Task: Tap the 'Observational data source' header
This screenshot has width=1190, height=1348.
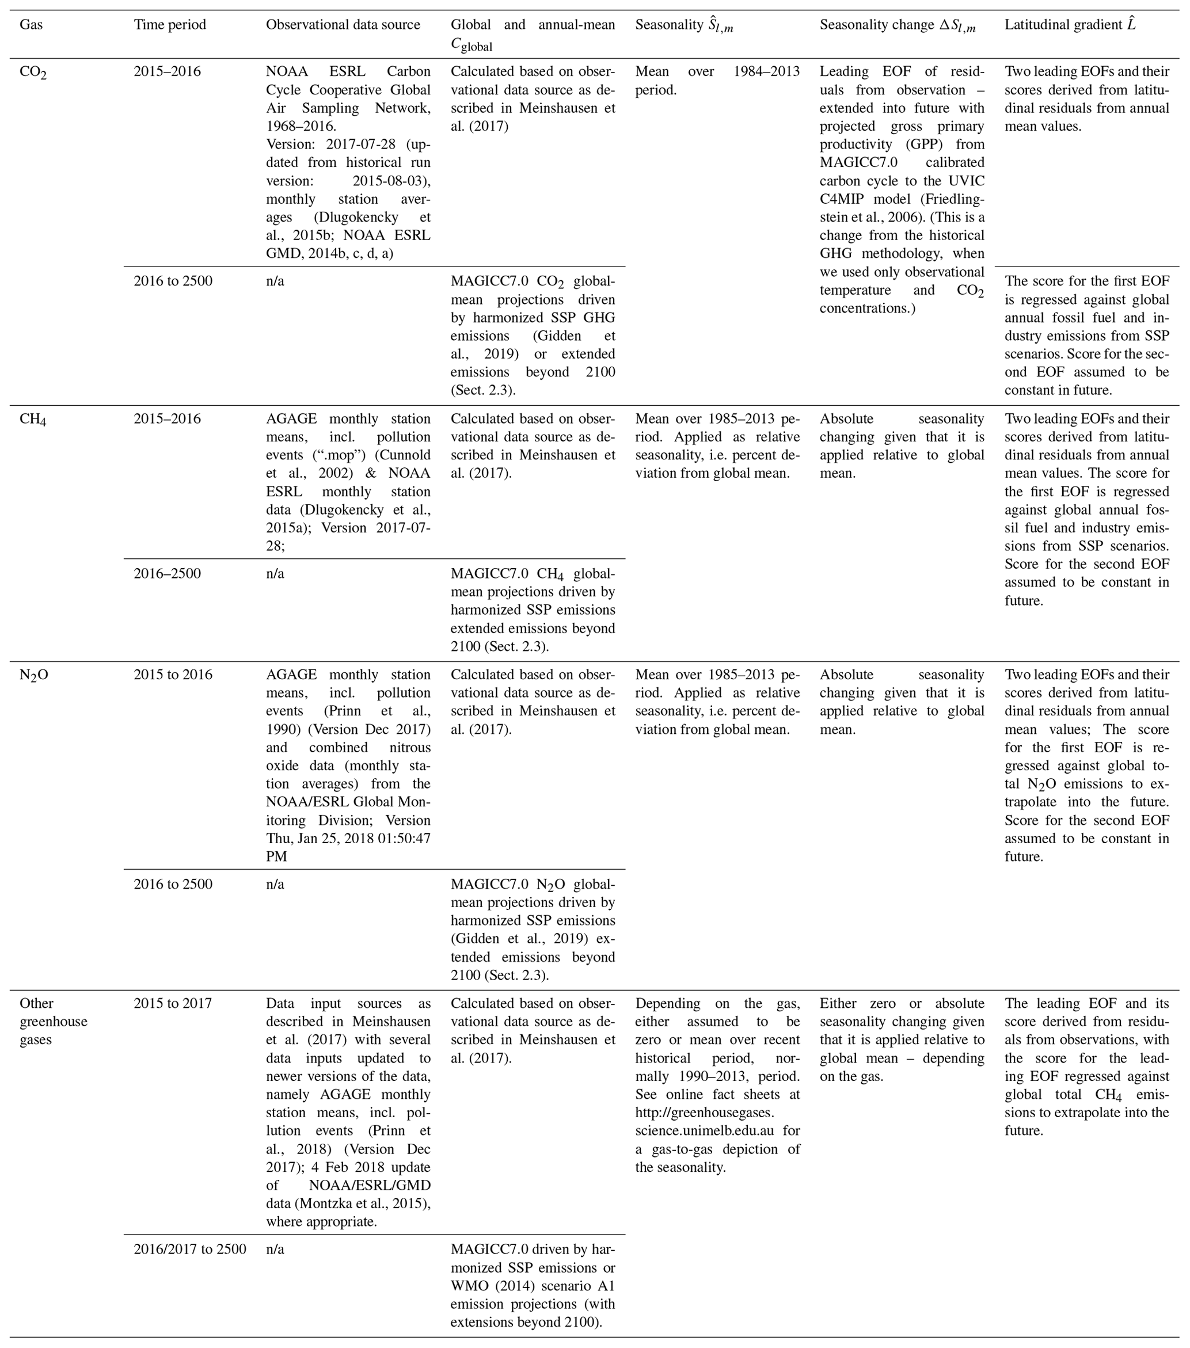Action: (x=343, y=25)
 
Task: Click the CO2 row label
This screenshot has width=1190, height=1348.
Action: (x=33, y=73)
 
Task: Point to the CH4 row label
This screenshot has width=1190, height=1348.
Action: (x=33, y=420)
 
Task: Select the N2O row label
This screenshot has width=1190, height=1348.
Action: (x=33, y=676)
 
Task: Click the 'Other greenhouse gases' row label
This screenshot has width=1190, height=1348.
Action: (x=53, y=1022)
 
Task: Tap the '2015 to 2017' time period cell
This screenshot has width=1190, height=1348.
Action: (x=173, y=1004)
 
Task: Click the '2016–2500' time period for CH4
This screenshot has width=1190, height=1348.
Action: (x=167, y=574)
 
